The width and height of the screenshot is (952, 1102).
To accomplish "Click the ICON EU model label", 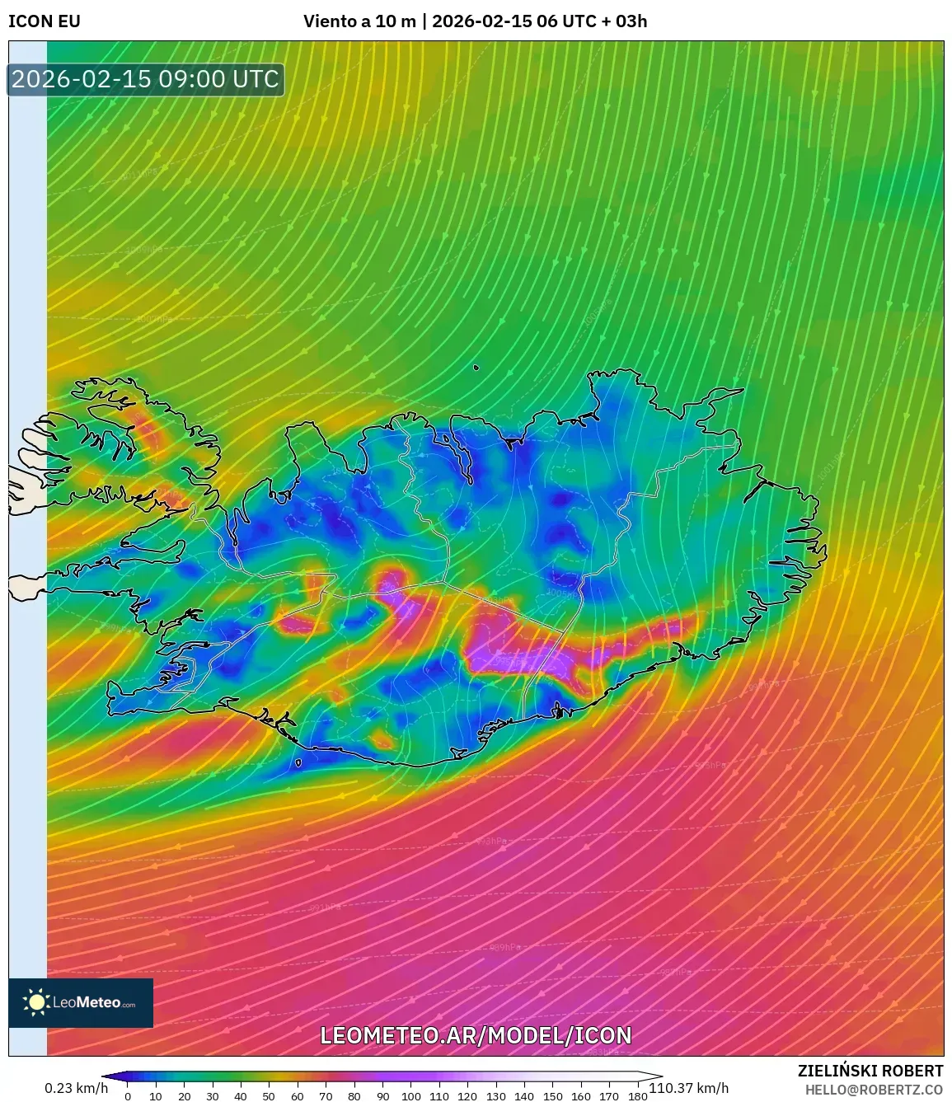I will (x=45, y=21).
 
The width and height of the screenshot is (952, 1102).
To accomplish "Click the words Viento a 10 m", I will (x=359, y=21).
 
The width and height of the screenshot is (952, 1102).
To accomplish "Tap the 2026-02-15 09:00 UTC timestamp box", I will (x=146, y=79).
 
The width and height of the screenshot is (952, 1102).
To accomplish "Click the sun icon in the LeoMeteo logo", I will (x=37, y=1002).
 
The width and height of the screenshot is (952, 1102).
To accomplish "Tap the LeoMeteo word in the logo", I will (x=87, y=1003).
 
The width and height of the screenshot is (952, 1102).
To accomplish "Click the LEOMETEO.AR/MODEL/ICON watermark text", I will (x=476, y=1035).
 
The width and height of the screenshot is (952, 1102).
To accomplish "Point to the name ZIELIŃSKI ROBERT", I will (x=870, y=1071).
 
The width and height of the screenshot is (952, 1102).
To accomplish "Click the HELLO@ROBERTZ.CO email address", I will (x=874, y=1090).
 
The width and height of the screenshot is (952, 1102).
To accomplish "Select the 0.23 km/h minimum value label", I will (x=76, y=1088).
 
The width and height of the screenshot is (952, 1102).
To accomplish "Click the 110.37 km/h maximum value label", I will (x=689, y=1088).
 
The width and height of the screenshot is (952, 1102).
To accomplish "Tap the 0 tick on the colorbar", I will (x=128, y=1096).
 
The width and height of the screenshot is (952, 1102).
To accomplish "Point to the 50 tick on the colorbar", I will (x=269, y=1096).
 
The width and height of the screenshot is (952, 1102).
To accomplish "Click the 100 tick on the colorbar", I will (x=410, y=1096).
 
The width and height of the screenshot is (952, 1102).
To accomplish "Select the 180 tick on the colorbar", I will (x=637, y=1096).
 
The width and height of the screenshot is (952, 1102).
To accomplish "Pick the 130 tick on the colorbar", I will (x=495, y=1096).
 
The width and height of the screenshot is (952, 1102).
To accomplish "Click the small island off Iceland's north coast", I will (x=476, y=368).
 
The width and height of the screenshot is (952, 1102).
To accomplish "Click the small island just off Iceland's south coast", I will (x=298, y=762).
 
